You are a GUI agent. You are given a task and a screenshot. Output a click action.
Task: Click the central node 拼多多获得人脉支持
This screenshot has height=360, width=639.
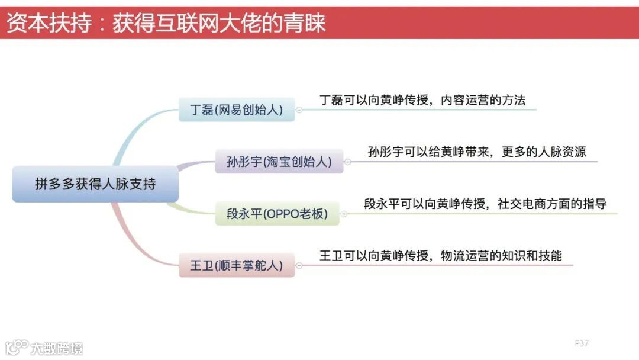pos(95,184)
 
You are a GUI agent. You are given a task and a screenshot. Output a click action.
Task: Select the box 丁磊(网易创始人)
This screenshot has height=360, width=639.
pos(236,110)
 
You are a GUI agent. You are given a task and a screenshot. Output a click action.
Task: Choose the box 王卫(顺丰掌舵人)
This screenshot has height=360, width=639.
pos(236,265)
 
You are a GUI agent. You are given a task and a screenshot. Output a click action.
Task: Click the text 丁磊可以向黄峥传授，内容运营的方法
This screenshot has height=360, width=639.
pos(422,100)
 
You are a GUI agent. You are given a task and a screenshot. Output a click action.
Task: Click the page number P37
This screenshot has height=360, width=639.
pos(582,343)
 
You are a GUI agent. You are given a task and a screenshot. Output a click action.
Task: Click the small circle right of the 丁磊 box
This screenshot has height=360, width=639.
pos(299,110)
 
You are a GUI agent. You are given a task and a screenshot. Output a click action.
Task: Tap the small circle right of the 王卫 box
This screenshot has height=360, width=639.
pos(299,265)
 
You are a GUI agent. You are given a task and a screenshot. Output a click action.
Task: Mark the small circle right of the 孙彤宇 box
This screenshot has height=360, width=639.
pos(347,162)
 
